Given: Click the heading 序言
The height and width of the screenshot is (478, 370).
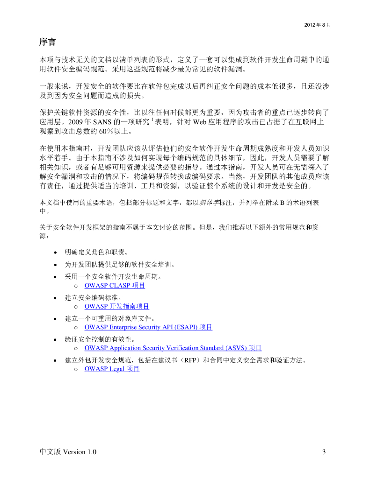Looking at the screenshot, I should click(x=47, y=42).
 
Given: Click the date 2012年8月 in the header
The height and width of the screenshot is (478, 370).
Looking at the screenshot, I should click(x=318, y=24).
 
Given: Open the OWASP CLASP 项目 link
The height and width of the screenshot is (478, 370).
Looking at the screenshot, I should click(x=115, y=286).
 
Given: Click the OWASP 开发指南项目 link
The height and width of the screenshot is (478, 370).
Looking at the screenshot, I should click(x=117, y=307).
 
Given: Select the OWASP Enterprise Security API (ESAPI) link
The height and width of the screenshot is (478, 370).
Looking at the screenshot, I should click(x=148, y=327).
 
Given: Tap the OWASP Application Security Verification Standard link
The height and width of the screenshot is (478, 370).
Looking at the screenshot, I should click(x=173, y=348).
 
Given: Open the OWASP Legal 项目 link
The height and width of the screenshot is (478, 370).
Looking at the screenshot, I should click(x=112, y=369).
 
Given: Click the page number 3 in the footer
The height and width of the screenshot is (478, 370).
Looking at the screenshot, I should click(x=324, y=452).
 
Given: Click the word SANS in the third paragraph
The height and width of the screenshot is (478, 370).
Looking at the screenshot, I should click(x=102, y=122).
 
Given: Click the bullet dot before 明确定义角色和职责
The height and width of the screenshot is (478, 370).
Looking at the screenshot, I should click(x=56, y=253).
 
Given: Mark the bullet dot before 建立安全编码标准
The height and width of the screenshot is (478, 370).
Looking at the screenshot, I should click(x=56, y=297).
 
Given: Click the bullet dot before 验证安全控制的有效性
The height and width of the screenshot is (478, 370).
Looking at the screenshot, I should click(x=56, y=339).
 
